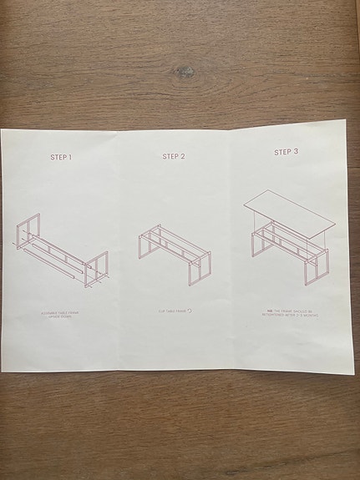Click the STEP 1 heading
(x=61, y=157)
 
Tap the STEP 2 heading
(x=174, y=156)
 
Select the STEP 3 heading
(x=286, y=152)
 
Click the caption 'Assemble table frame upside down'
(x=60, y=315)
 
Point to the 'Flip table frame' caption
(x=172, y=311)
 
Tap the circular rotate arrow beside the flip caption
(x=190, y=311)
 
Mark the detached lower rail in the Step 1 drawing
(x=50, y=260)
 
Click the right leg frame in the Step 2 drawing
(x=200, y=265)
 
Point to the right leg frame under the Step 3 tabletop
(x=317, y=265)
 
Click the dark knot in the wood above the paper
(x=184, y=72)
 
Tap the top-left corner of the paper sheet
(x=3, y=129)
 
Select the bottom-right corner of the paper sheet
(x=354, y=372)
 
